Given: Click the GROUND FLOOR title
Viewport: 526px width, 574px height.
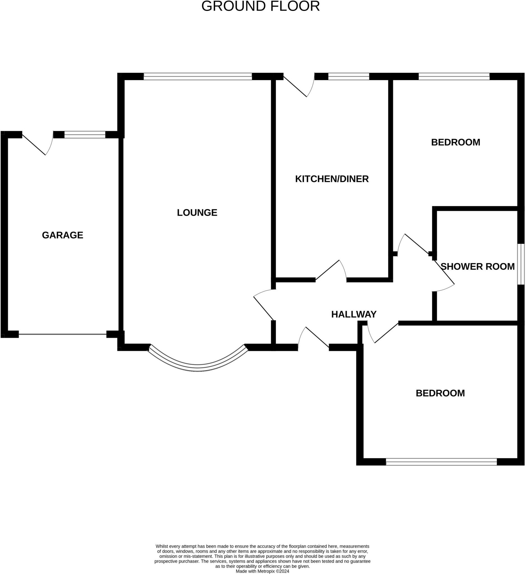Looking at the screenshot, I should [x=260, y=6].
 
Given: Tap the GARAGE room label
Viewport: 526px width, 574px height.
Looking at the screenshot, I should [x=63, y=235].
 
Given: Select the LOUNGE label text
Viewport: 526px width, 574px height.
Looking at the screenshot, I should [x=197, y=213].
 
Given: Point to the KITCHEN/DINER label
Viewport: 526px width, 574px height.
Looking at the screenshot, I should [x=332, y=179].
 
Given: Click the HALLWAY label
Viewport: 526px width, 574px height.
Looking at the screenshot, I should [x=354, y=314].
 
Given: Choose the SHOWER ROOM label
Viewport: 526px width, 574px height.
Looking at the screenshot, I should [x=477, y=267].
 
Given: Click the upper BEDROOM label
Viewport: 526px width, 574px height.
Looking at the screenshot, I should [x=456, y=142].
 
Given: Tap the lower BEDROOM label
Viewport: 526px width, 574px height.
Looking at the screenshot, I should [x=440, y=393].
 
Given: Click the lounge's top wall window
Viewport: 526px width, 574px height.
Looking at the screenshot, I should [x=198, y=76].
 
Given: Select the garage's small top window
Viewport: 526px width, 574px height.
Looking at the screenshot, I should [x=85, y=135].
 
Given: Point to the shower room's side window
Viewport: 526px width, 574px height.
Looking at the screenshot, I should [x=521, y=264].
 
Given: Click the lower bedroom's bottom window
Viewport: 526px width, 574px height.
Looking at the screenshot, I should [x=441, y=462].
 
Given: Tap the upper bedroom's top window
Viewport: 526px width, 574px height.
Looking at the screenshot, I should [x=454, y=76].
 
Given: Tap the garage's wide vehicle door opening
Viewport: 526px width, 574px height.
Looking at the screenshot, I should [x=63, y=334].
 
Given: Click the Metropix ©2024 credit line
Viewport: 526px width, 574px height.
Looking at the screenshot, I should [x=262, y=571].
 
